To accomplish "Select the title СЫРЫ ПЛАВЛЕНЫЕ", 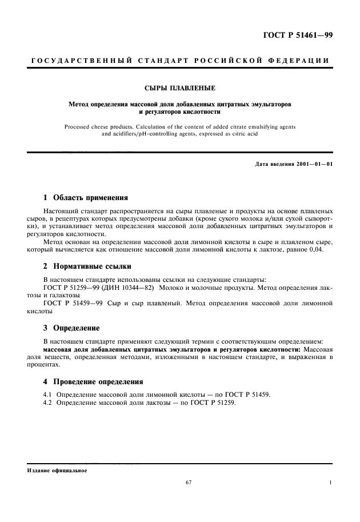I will click(180, 89).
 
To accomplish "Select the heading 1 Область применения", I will click(86, 197).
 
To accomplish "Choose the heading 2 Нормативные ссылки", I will click(87, 266).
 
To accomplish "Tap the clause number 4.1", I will click(49, 395).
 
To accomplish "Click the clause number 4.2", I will click(49, 403).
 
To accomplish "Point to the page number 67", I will click(189, 483).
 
